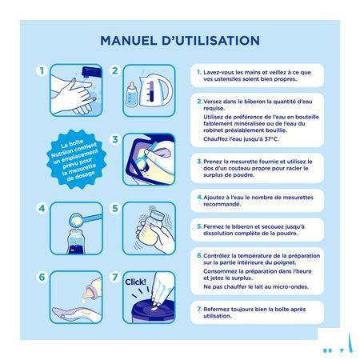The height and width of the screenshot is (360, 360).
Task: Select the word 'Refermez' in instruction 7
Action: coord(221,308)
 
